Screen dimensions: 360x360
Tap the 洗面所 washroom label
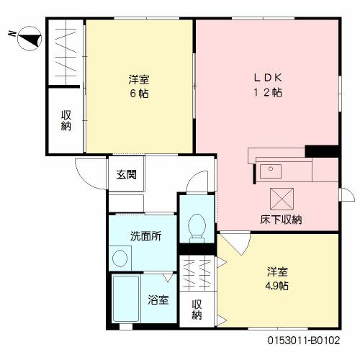point(145,236)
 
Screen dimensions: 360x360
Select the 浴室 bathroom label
point(158,300)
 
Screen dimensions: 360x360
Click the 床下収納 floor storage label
point(281,219)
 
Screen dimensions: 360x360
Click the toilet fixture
point(195,228)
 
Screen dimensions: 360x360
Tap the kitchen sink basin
point(271,171)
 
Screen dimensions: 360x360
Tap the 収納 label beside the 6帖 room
point(66,120)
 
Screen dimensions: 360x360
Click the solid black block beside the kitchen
point(321,151)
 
